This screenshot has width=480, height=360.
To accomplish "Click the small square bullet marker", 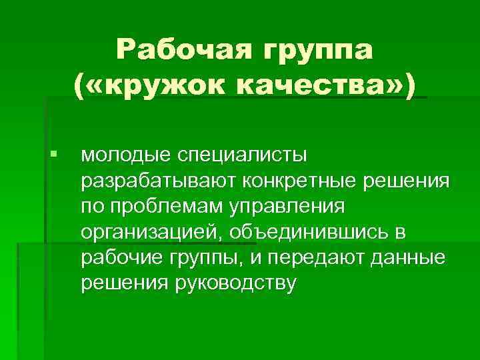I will (53, 155).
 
